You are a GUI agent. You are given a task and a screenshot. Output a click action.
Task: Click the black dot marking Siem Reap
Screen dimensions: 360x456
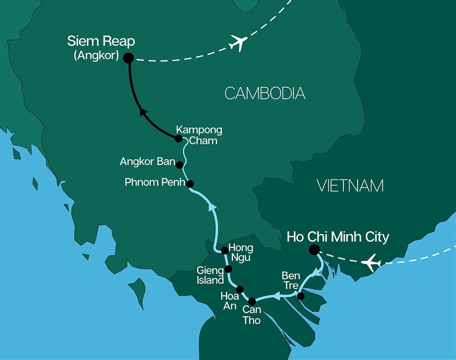tap(128, 58)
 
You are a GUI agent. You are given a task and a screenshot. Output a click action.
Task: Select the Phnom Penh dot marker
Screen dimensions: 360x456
tap(190, 184)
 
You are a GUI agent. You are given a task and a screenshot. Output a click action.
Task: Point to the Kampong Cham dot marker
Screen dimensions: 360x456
tap(179, 139)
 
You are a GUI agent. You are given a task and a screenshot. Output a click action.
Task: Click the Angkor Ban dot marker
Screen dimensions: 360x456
tap(180, 165)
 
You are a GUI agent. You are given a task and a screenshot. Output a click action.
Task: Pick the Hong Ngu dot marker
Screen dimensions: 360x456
tap(225, 250)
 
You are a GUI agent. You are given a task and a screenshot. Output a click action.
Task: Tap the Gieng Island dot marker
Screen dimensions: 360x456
tap(228, 269)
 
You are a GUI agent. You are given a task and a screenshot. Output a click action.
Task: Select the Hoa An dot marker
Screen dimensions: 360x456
tap(240, 289)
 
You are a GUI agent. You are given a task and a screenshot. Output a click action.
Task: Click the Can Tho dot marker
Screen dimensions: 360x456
tap(252, 301)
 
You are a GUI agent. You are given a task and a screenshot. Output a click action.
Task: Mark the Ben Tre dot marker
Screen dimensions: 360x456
tap(300, 296)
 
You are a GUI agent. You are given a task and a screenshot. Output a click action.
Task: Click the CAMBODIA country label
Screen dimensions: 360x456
tap(265, 94)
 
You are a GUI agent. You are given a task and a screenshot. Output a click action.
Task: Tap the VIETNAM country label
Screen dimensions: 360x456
tap(350, 186)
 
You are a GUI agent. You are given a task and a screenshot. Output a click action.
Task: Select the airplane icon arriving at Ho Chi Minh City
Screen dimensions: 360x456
tap(371, 262)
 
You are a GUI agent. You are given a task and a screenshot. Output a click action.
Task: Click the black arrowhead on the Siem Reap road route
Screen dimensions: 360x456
tap(142, 113)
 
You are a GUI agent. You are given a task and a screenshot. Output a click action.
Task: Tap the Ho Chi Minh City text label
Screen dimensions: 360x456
tap(338, 237)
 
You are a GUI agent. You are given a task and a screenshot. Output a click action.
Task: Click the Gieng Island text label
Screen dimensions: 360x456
tap(210, 275)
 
